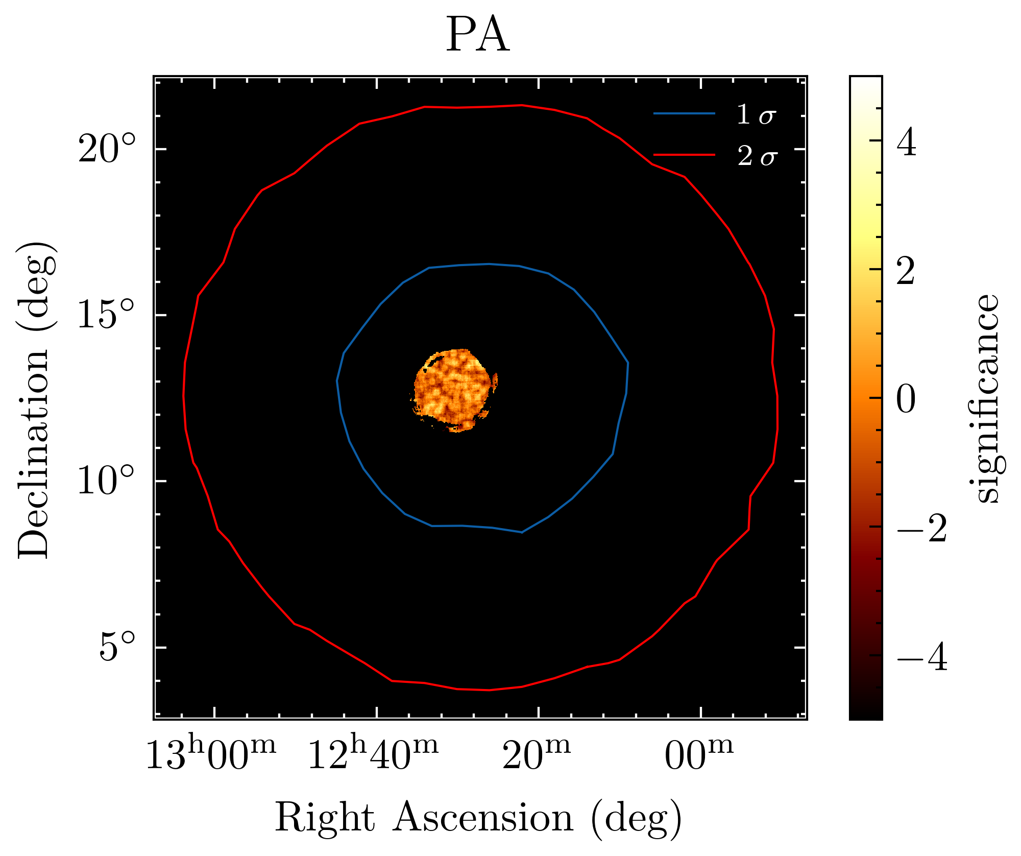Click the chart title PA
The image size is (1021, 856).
[x=478, y=36]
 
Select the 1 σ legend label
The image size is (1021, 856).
[x=756, y=114]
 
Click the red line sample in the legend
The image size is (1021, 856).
[x=684, y=154]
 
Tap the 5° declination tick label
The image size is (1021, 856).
[x=118, y=647]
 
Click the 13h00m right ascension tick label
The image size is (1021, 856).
[x=211, y=753]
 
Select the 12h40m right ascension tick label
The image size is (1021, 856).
[x=373, y=753]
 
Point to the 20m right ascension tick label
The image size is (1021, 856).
[x=537, y=753]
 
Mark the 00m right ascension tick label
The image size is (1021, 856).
[x=699, y=753]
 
